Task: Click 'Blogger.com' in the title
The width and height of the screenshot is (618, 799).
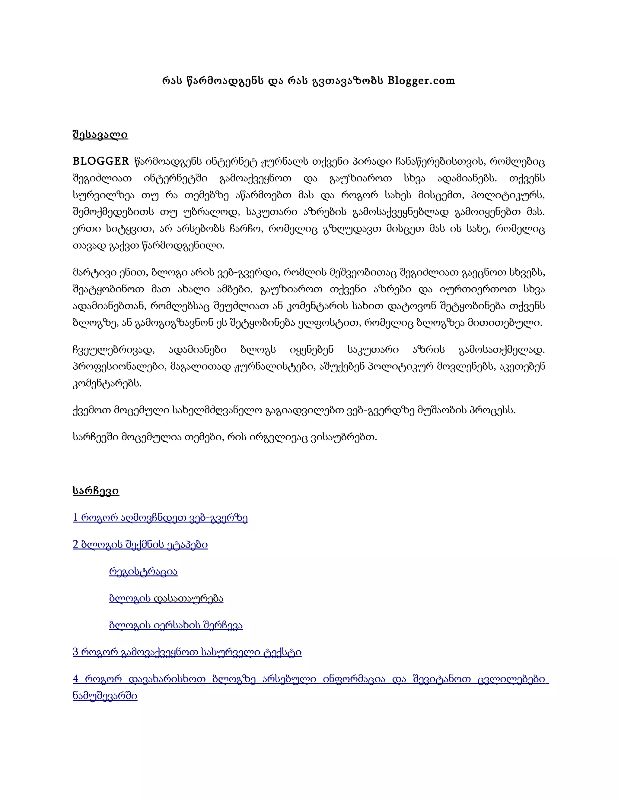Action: pos(421,81)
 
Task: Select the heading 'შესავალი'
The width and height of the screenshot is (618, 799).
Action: pos(100,135)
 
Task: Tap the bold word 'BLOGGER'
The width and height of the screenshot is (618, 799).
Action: pos(101,161)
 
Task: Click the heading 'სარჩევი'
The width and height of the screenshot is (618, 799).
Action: pos(96,491)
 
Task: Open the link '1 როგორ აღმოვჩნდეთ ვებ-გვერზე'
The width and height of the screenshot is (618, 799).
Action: pos(160,517)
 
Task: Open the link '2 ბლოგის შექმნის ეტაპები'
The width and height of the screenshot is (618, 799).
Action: pos(140,544)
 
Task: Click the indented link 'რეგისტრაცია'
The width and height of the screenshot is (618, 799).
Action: pos(143,571)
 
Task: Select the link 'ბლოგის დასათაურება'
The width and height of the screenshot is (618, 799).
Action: pos(166,598)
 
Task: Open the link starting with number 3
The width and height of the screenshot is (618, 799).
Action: pos(187,652)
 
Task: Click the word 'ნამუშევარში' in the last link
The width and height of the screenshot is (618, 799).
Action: pos(105,696)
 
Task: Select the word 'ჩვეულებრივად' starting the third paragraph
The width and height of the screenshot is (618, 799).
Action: pos(114,350)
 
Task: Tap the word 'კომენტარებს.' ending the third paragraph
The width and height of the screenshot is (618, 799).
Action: pos(107,384)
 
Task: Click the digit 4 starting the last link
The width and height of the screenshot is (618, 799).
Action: pos(76,679)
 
